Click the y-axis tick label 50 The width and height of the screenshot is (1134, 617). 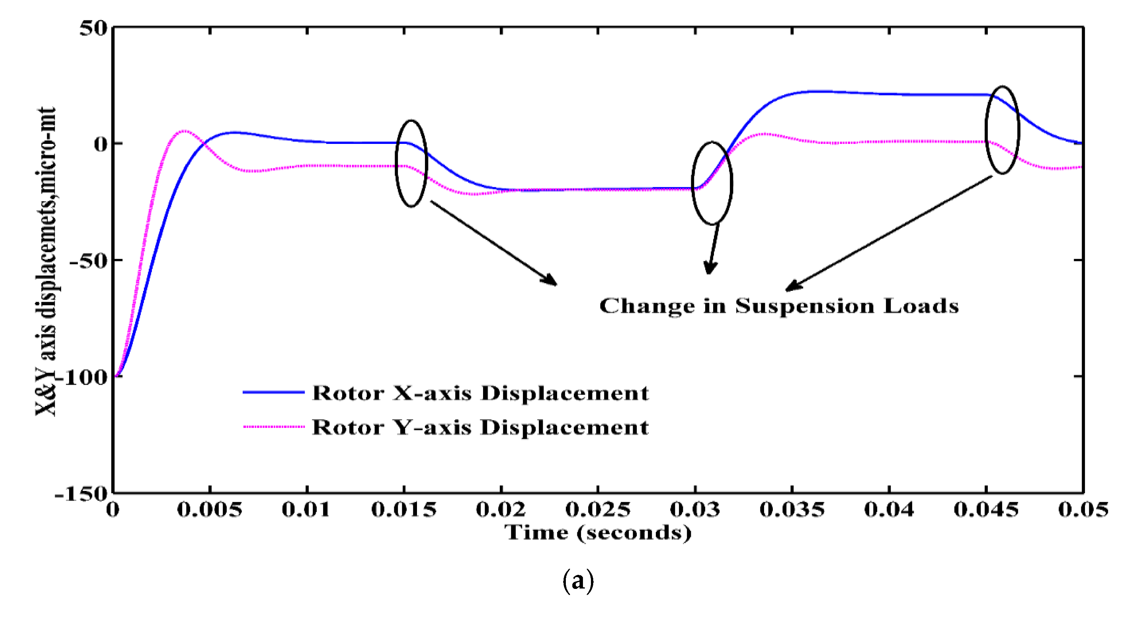(93, 28)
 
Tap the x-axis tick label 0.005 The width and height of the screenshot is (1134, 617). (210, 510)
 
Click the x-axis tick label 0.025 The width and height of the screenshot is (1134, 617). (597, 510)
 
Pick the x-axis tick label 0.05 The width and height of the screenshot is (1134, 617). (1083, 510)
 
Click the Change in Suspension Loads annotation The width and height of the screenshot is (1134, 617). (779, 306)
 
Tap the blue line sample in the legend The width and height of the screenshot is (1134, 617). (273, 392)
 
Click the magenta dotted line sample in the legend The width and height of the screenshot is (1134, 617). (273, 426)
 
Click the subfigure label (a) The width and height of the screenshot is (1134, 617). (578, 581)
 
